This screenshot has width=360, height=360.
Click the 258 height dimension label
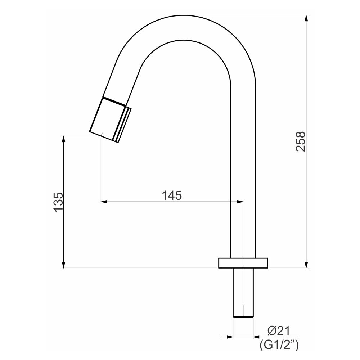(x=300, y=141)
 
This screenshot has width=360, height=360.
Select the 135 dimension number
(x=58, y=202)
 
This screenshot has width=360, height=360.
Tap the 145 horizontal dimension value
(x=172, y=195)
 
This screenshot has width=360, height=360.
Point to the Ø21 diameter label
(x=279, y=331)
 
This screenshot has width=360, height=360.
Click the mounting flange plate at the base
(x=243, y=263)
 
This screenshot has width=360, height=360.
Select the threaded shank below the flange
(x=243, y=293)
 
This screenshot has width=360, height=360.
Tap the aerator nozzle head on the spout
(x=110, y=120)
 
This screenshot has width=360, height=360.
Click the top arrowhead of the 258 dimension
(x=306, y=18)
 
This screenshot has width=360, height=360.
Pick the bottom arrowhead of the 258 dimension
(x=306, y=265)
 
